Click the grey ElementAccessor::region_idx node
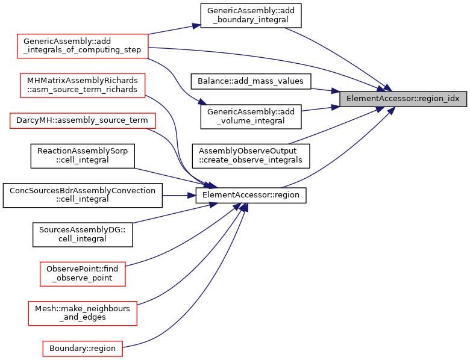click(403, 99)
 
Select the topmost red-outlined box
click(83, 46)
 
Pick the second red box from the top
click(83, 85)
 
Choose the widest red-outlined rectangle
click(83, 120)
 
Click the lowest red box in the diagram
click(83, 349)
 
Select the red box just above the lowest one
click(83, 314)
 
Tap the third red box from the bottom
click(83, 274)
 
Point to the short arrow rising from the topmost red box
click(175, 29)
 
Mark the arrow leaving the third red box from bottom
click(181, 244)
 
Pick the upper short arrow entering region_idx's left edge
click(325, 90)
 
